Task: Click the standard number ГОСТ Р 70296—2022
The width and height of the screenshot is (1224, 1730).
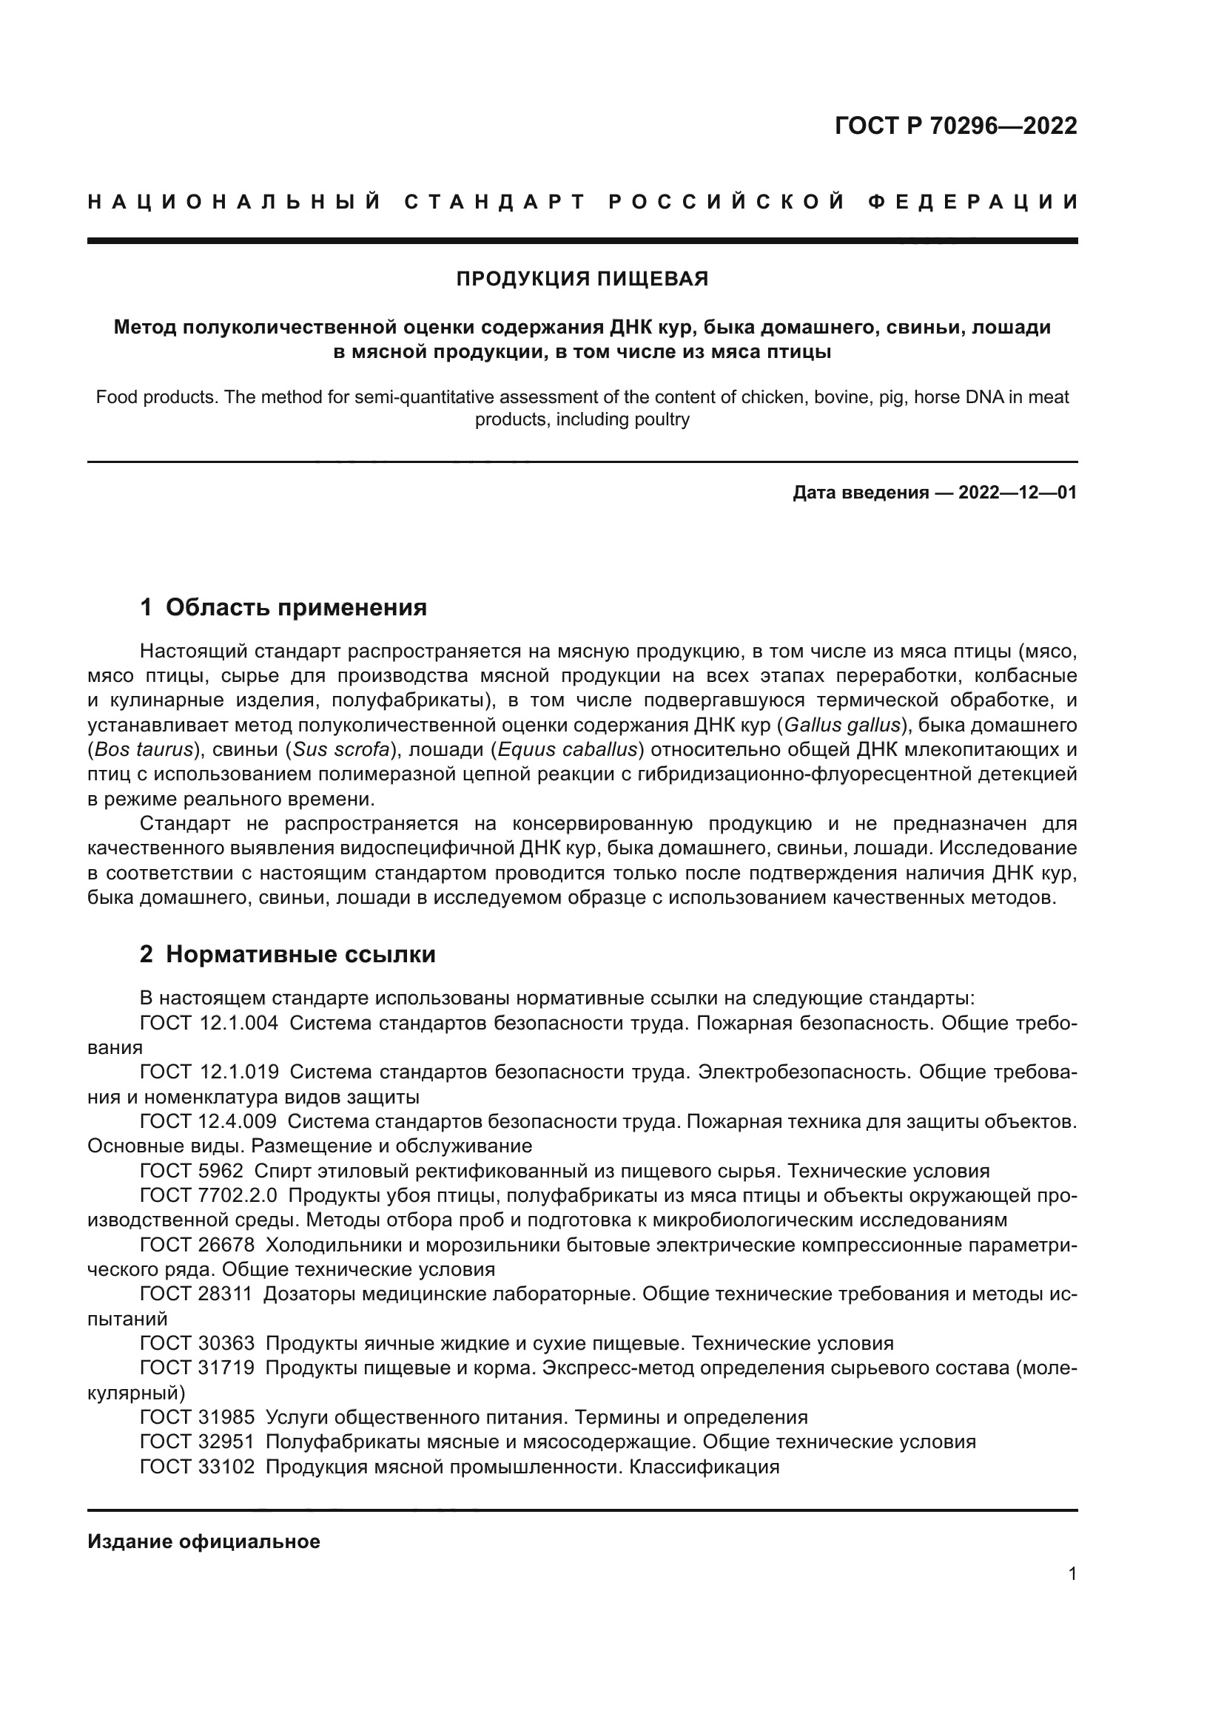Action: point(955,126)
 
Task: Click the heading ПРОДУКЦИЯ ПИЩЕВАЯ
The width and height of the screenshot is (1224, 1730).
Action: point(582,280)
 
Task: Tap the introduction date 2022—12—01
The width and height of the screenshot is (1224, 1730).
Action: point(1017,493)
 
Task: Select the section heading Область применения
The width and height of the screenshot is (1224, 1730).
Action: point(295,607)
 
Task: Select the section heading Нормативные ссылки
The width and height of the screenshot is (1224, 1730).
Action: point(300,955)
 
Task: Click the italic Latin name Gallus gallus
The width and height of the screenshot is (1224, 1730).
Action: point(842,726)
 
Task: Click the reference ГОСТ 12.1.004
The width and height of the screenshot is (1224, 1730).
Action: point(209,1023)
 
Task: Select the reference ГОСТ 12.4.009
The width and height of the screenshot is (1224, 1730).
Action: point(209,1122)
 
